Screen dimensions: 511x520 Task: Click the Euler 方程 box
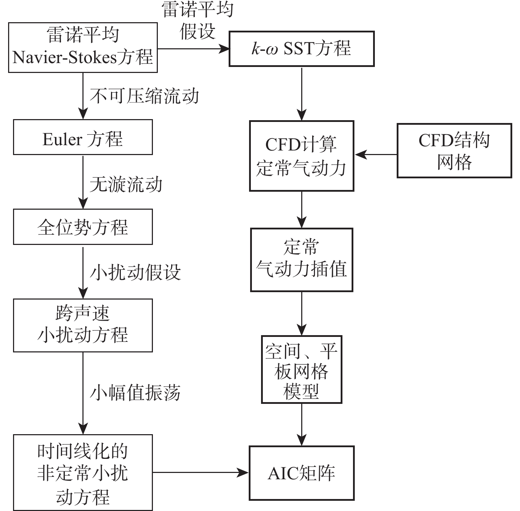point(83,137)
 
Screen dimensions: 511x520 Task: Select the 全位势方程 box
point(83,227)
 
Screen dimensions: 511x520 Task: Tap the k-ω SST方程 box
point(302,49)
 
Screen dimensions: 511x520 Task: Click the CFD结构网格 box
point(454,150)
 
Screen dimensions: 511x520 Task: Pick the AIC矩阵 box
point(302,473)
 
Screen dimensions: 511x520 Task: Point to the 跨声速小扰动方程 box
point(83,325)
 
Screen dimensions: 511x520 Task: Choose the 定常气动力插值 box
point(302,260)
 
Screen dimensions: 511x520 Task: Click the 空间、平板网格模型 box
point(302,369)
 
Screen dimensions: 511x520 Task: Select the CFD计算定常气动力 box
point(302,156)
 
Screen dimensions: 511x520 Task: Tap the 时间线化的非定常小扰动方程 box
point(83,473)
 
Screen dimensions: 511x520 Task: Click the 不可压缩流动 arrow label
point(144,96)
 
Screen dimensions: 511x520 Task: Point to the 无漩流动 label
point(126,184)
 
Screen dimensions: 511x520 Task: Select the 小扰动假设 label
point(136,272)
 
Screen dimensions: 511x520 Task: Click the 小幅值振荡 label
point(136,393)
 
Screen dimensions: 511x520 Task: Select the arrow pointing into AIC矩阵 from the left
point(201,473)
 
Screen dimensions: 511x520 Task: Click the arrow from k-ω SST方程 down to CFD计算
point(302,93)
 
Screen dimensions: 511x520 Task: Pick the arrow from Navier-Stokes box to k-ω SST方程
point(193,49)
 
